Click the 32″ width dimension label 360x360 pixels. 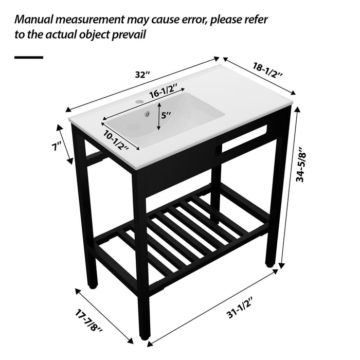click(141, 75)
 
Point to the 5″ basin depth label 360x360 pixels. click(166, 116)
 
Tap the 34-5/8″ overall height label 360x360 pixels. click(307, 162)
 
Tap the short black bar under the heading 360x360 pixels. click(28, 58)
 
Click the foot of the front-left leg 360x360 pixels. click(93, 281)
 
